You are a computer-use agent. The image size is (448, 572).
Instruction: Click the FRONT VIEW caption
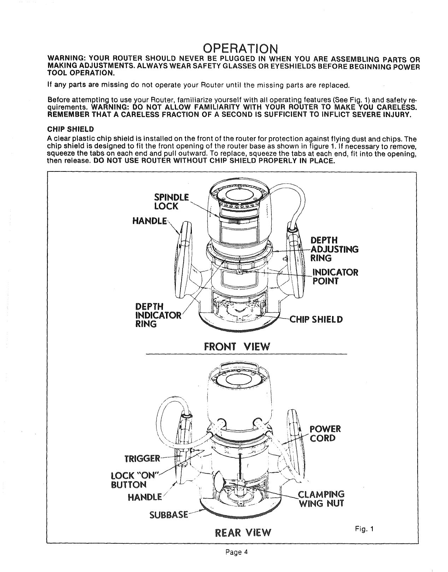click(237, 347)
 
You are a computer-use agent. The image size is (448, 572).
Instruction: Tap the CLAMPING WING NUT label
click(321, 498)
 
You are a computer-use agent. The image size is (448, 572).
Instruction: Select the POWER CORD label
click(325, 433)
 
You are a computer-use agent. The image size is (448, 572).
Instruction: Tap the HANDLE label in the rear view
click(145, 497)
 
